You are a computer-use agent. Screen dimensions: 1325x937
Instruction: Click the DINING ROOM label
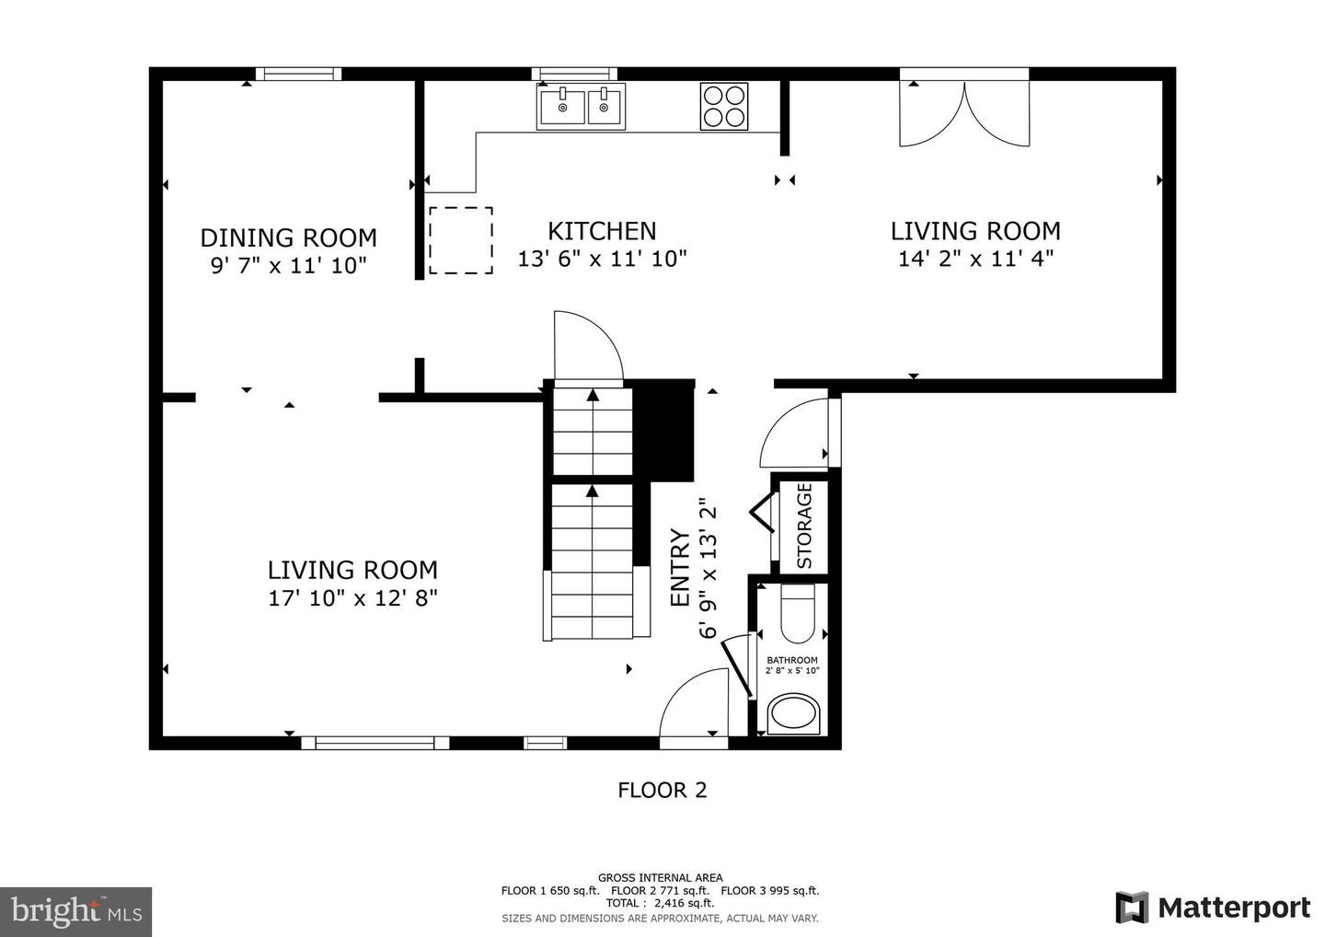click(289, 237)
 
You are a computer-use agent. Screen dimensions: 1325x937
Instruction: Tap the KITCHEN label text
click(602, 231)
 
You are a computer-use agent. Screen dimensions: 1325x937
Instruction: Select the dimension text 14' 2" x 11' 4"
click(976, 259)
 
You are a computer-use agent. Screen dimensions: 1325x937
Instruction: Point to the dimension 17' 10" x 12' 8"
click(353, 598)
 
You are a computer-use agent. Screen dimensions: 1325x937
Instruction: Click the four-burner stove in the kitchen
click(724, 107)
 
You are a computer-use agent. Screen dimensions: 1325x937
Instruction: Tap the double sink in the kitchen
click(581, 107)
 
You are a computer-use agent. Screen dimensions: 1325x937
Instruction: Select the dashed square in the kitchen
click(461, 240)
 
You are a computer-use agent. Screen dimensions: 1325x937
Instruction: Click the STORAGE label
click(804, 526)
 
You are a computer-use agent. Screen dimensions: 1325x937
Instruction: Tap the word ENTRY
click(680, 567)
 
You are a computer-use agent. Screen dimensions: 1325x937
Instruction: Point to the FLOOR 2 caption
click(662, 791)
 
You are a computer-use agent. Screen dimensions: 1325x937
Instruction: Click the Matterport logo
click(1213, 908)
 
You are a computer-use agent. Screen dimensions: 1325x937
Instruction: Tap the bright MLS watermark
click(75, 911)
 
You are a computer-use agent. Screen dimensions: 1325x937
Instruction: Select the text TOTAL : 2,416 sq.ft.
click(660, 903)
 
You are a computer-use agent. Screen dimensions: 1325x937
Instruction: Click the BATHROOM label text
click(792, 660)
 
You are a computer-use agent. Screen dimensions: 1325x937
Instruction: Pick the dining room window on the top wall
click(299, 74)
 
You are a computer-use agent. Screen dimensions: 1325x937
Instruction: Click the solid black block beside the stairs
click(663, 430)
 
